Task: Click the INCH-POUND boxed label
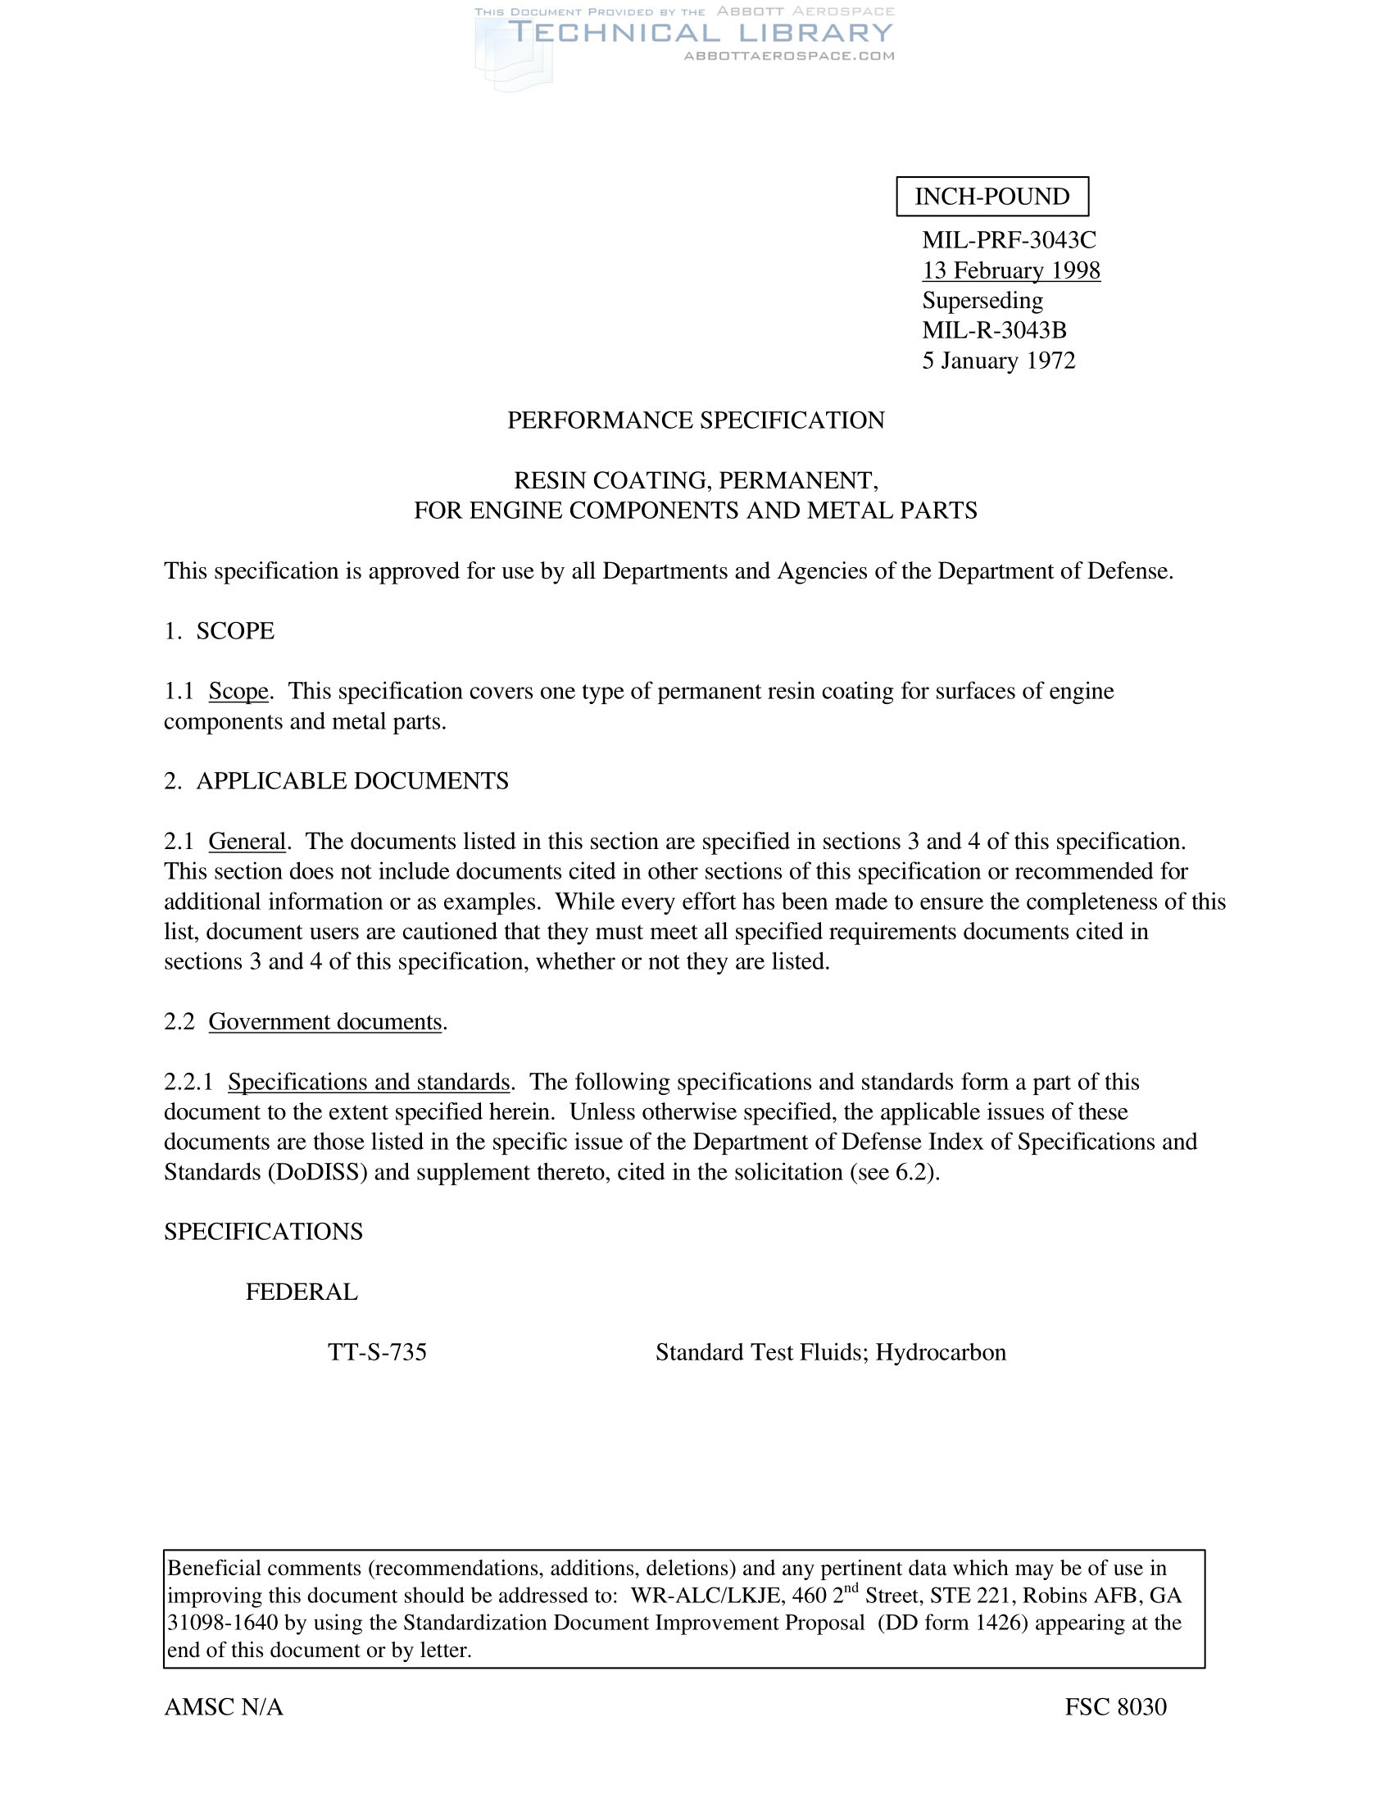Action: click(992, 197)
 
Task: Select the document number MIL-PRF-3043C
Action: click(1009, 240)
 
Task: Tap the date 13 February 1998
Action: click(1011, 270)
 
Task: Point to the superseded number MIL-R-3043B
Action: click(994, 330)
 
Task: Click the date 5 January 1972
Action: click(999, 361)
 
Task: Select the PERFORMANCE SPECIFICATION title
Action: click(696, 420)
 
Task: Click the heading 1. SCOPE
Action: click(219, 631)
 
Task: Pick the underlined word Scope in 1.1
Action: click(238, 691)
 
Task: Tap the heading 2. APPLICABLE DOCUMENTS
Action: click(336, 781)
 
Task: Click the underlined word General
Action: click(247, 841)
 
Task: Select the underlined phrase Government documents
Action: click(325, 1022)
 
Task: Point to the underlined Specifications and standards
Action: click(369, 1083)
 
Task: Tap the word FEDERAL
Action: click(302, 1292)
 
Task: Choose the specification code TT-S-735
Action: click(377, 1352)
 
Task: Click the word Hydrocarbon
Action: click(941, 1352)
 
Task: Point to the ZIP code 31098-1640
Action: click(223, 1623)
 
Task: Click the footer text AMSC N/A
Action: click(224, 1707)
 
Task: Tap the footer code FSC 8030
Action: click(1115, 1707)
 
